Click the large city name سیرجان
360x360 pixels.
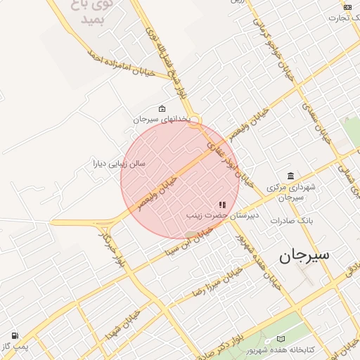point(304,256)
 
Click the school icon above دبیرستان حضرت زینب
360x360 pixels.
point(223,205)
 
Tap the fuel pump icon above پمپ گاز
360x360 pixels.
point(15,336)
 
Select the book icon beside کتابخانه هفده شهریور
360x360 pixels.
point(281,338)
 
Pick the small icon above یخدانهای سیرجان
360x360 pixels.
point(162,109)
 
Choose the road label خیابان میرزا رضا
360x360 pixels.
point(212,281)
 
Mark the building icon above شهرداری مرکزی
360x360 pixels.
point(290,176)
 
